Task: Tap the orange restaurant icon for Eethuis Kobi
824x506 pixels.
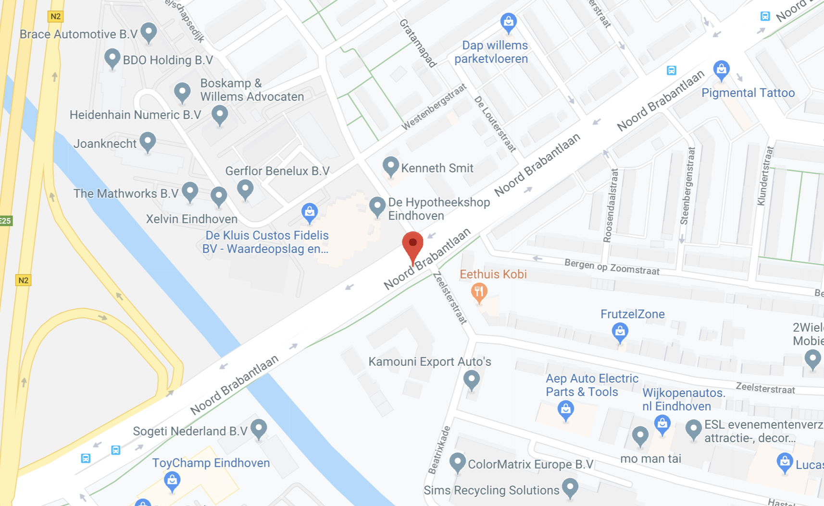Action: pyautogui.click(x=479, y=291)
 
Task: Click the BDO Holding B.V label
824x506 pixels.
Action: pyautogui.click(x=168, y=60)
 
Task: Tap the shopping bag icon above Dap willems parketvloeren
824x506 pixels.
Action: pyautogui.click(x=508, y=22)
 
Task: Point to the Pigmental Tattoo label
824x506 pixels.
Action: pyautogui.click(x=748, y=93)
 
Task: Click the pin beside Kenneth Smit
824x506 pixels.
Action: pyautogui.click(x=390, y=166)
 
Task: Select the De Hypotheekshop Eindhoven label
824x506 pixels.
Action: pyautogui.click(x=438, y=209)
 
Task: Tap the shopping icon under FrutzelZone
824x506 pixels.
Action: pyautogui.click(x=620, y=332)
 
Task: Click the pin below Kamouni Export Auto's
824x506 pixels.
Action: pyautogui.click(x=471, y=379)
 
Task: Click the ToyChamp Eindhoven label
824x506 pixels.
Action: pyautogui.click(x=211, y=463)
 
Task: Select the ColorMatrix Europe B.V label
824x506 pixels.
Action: pyautogui.click(x=530, y=464)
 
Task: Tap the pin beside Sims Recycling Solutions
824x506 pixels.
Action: pyautogui.click(x=570, y=487)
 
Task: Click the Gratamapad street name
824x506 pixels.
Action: pyautogui.click(x=418, y=43)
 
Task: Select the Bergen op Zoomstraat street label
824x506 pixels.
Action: pyautogui.click(x=612, y=267)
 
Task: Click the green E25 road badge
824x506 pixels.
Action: pyautogui.click(x=5, y=221)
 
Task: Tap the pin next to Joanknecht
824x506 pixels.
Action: pyautogui.click(x=148, y=141)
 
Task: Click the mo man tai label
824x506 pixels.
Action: pyautogui.click(x=650, y=459)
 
